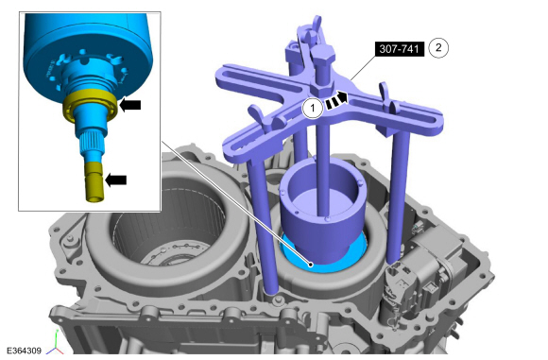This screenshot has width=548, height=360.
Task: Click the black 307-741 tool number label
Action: point(400,49)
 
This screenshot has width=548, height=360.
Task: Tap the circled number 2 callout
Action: point(438,47)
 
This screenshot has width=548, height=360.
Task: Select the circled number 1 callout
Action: point(313,108)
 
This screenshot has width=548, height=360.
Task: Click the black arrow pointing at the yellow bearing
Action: point(130,105)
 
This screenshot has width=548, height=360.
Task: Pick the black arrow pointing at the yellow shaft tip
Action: point(115,180)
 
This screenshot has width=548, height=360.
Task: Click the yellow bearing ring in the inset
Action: point(89,106)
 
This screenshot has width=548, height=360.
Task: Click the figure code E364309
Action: point(24,351)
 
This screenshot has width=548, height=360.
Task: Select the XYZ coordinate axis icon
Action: point(55,348)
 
